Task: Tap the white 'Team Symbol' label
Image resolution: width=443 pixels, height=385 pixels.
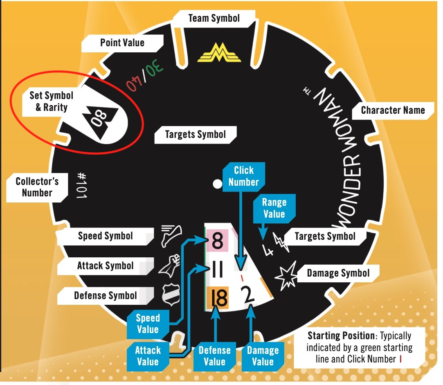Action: click(x=214, y=18)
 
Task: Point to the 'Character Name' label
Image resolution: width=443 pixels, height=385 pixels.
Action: click(x=393, y=110)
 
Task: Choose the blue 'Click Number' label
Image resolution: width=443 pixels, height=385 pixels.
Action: click(x=243, y=176)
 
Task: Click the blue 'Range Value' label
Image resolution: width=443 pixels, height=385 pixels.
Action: click(x=274, y=208)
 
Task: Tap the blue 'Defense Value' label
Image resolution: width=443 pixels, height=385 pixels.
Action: click(x=214, y=356)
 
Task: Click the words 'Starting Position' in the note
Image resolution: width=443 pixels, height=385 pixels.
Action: click(x=341, y=336)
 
